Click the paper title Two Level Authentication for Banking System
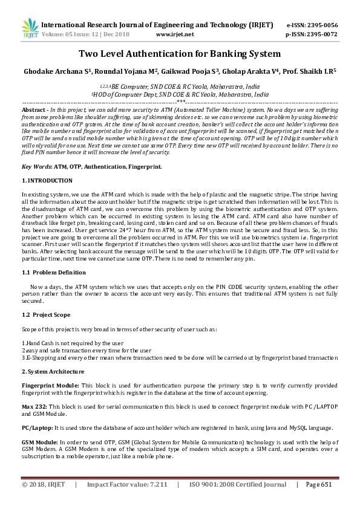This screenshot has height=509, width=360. pos(180,54)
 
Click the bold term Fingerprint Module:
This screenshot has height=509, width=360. pos(50,384)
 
